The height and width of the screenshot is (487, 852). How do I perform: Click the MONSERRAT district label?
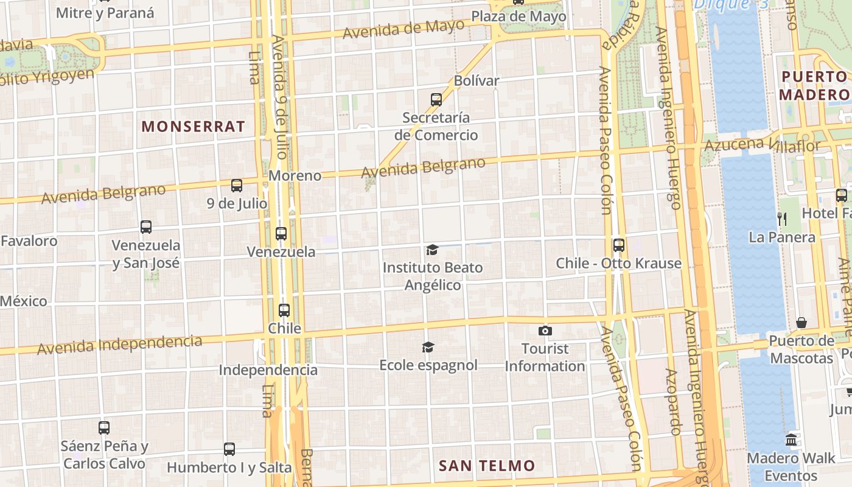[x=194, y=127]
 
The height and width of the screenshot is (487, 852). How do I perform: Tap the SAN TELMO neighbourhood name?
[x=487, y=466]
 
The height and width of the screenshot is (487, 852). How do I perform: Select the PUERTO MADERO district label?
[x=814, y=86]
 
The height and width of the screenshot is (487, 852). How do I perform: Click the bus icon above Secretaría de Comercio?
[x=436, y=100]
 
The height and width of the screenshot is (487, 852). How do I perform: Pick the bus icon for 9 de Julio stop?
[x=237, y=186]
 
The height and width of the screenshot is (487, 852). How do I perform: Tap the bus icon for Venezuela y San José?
[x=146, y=227]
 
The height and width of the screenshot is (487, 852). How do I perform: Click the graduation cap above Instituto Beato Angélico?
[x=432, y=250]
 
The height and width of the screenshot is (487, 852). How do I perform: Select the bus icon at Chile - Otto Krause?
[x=619, y=245]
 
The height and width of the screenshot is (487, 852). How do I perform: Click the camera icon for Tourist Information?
[x=545, y=331]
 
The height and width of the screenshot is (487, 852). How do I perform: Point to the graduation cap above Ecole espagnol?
[x=428, y=347]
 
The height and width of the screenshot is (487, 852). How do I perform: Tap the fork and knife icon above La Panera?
[x=782, y=219]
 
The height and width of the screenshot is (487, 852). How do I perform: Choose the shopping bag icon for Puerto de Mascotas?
[x=801, y=323]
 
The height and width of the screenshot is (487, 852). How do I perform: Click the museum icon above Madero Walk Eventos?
[x=791, y=440]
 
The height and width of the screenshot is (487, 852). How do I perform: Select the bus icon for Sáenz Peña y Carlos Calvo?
[x=104, y=428]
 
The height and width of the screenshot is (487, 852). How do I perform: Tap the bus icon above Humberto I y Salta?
[x=229, y=449]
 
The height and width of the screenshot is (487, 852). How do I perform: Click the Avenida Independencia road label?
[x=119, y=344]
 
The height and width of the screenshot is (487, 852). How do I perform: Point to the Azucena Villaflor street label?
[x=762, y=145]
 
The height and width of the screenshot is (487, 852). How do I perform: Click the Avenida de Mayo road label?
[x=403, y=29]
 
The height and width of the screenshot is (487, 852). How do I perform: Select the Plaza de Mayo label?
[x=519, y=16]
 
